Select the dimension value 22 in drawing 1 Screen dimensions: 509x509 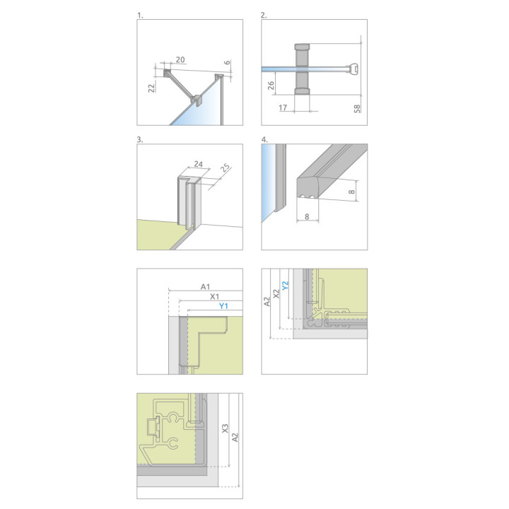pyautogui.click(x=151, y=88)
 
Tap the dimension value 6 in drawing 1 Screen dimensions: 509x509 pyautogui.click(x=228, y=62)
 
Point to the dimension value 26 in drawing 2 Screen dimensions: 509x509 pyautogui.click(x=272, y=85)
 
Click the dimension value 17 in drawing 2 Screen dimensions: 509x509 pyautogui.click(x=283, y=108)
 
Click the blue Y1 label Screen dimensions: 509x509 pyautogui.click(x=223, y=306)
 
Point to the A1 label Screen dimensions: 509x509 pyautogui.click(x=205, y=286)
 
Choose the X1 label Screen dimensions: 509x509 pyautogui.click(x=214, y=296)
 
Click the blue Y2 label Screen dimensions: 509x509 pyautogui.click(x=286, y=286)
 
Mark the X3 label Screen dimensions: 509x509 pyautogui.click(x=224, y=429)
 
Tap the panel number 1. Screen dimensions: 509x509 pyautogui.click(x=140, y=14)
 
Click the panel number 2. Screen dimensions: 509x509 pyautogui.click(x=264, y=14)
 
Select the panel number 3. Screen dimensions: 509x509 pyautogui.click(x=140, y=139)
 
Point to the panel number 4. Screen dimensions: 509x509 pyautogui.click(x=264, y=139)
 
